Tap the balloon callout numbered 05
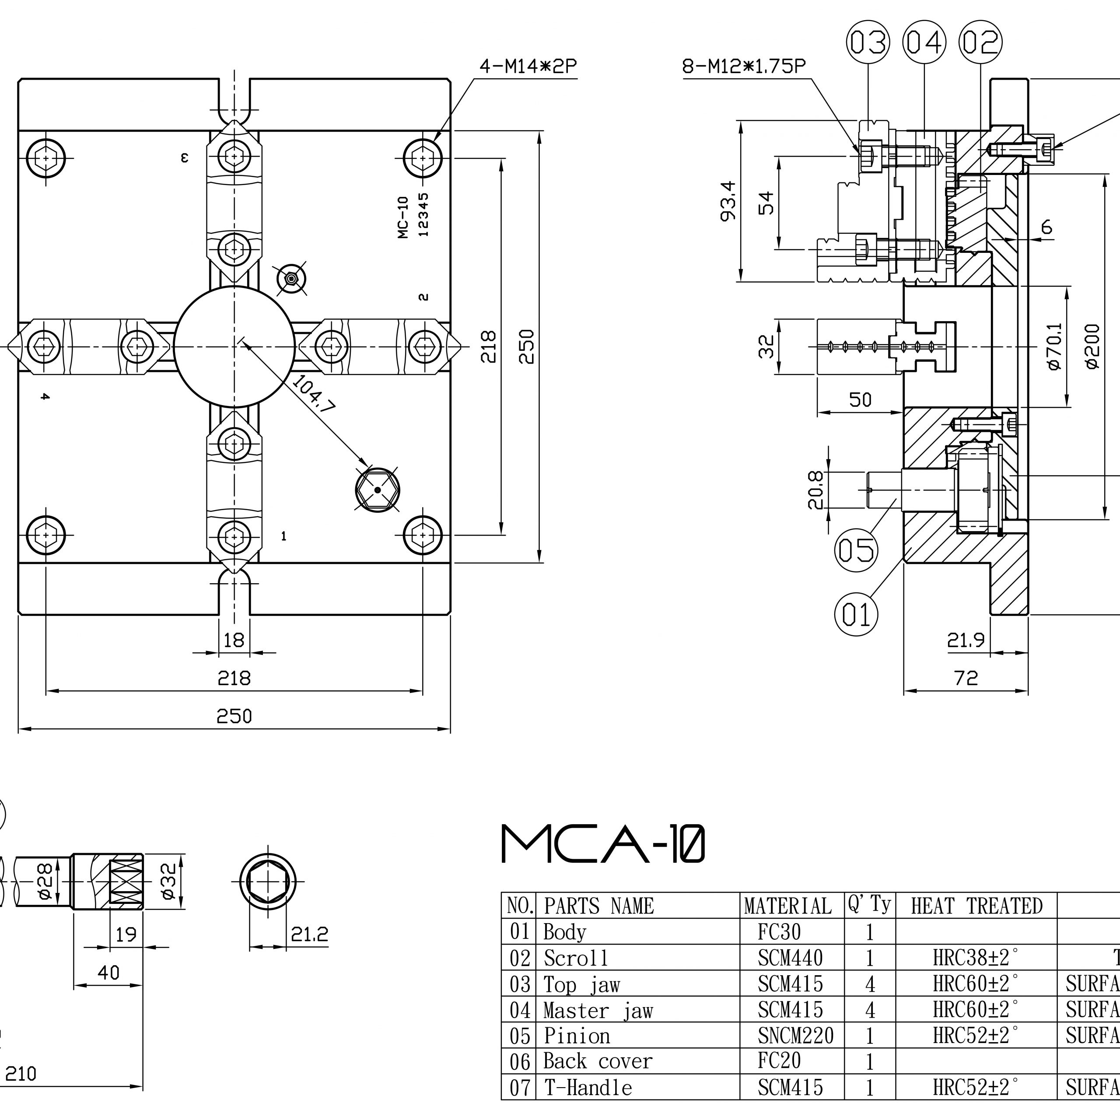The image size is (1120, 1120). point(856,549)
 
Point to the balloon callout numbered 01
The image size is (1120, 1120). point(856,614)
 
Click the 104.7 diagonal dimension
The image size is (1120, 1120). point(313,394)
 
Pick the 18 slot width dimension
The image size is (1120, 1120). point(234,640)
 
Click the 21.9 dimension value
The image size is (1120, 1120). point(966,640)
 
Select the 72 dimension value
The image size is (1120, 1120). point(966,677)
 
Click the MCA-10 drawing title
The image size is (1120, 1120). point(603,845)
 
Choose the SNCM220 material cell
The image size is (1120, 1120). point(795,1036)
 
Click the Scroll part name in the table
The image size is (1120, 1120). point(576,958)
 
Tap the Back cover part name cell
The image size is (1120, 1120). point(598,1061)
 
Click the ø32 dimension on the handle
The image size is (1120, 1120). point(168,881)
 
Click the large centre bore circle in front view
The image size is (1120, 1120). point(234,346)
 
